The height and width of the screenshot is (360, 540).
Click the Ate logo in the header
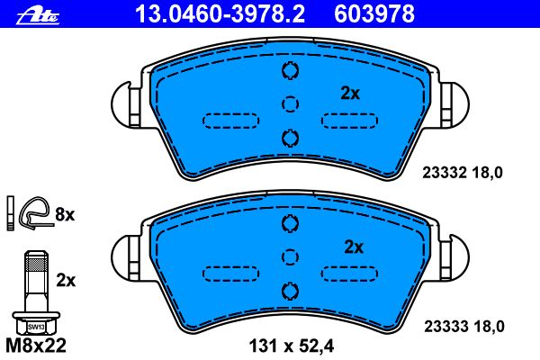tap(38, 16)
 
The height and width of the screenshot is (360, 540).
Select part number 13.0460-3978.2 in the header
tap(220, 14)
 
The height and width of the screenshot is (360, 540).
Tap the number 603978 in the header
tap(374, 14)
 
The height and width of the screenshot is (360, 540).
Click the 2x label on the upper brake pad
tap(350, 94)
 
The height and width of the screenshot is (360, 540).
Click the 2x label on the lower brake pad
tap(354, 247)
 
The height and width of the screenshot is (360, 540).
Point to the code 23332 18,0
tap(463, 173)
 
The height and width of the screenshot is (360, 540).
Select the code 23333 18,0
tap(464, 326)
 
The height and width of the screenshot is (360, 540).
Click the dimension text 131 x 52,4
tap(292, 346)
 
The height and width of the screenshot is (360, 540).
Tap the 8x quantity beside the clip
tap(65, 214)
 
